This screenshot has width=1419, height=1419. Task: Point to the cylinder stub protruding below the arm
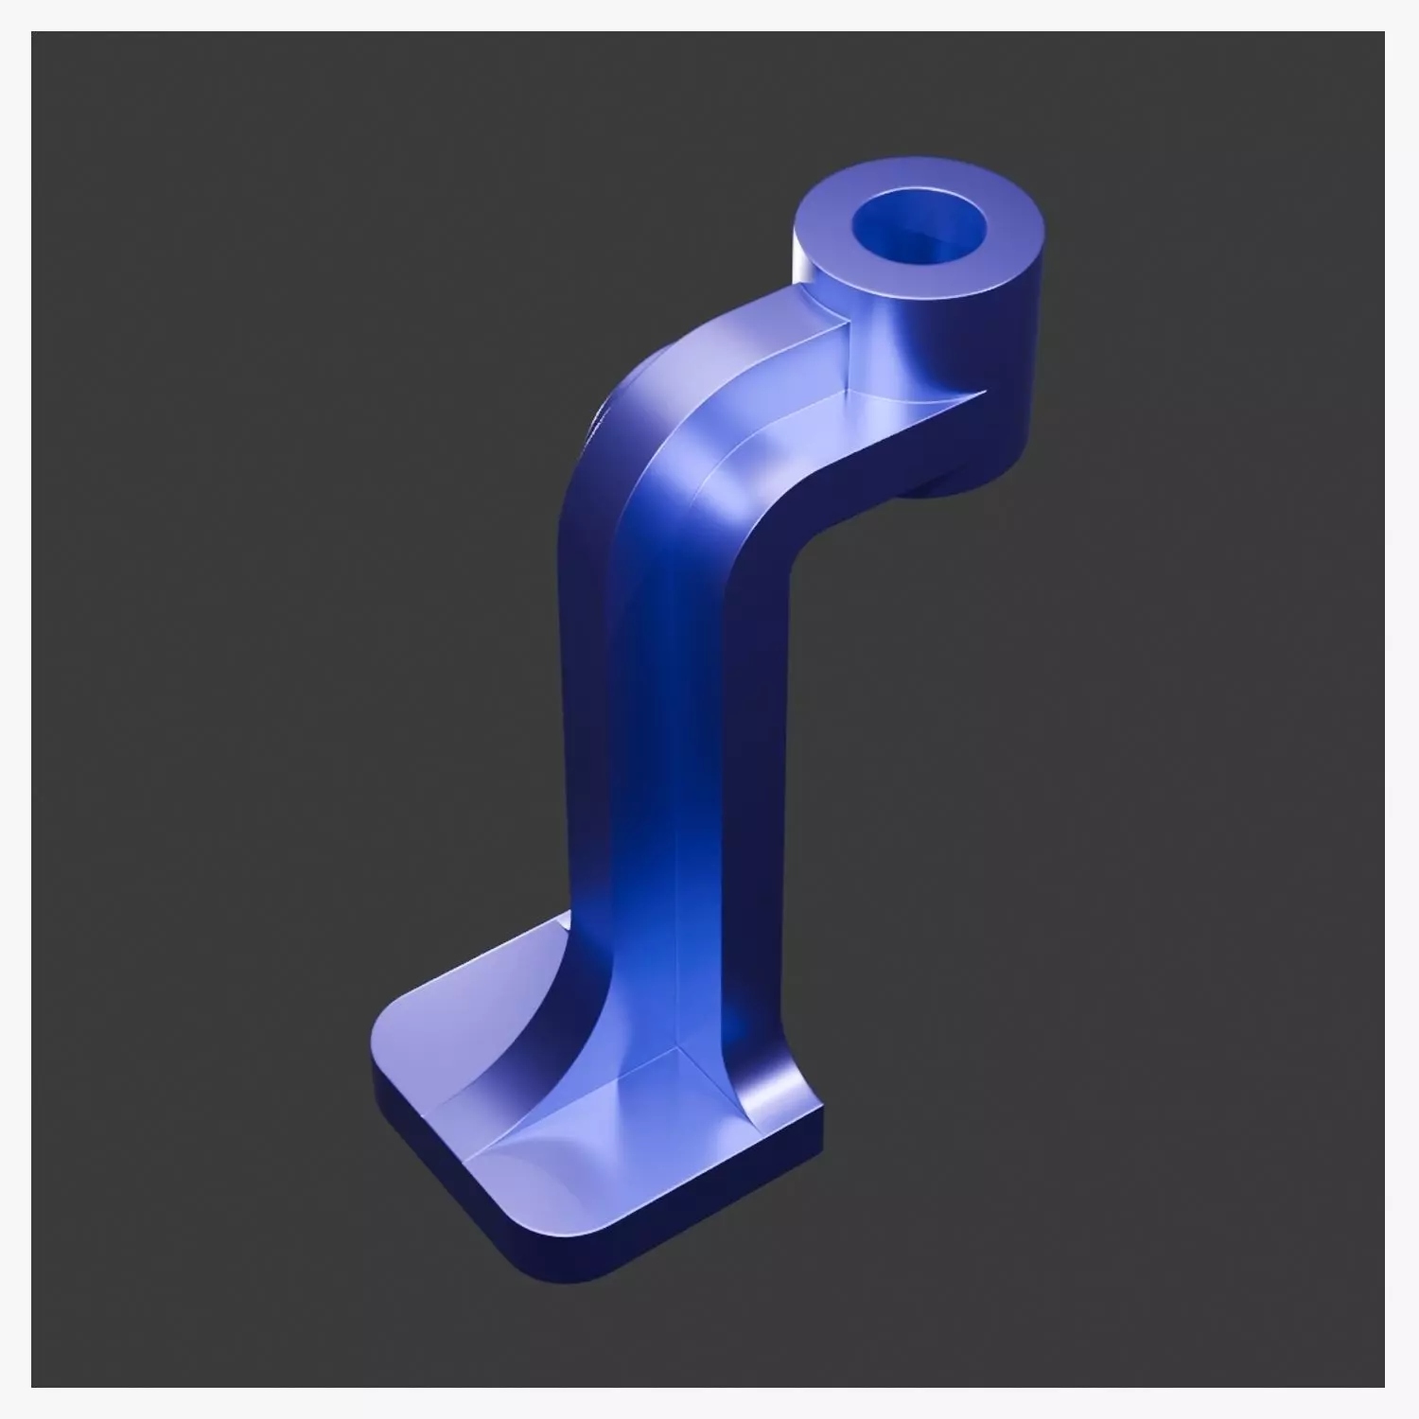point(946,487)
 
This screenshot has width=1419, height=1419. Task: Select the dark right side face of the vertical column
point(757,804)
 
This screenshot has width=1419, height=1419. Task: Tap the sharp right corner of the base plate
point(819,1107)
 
